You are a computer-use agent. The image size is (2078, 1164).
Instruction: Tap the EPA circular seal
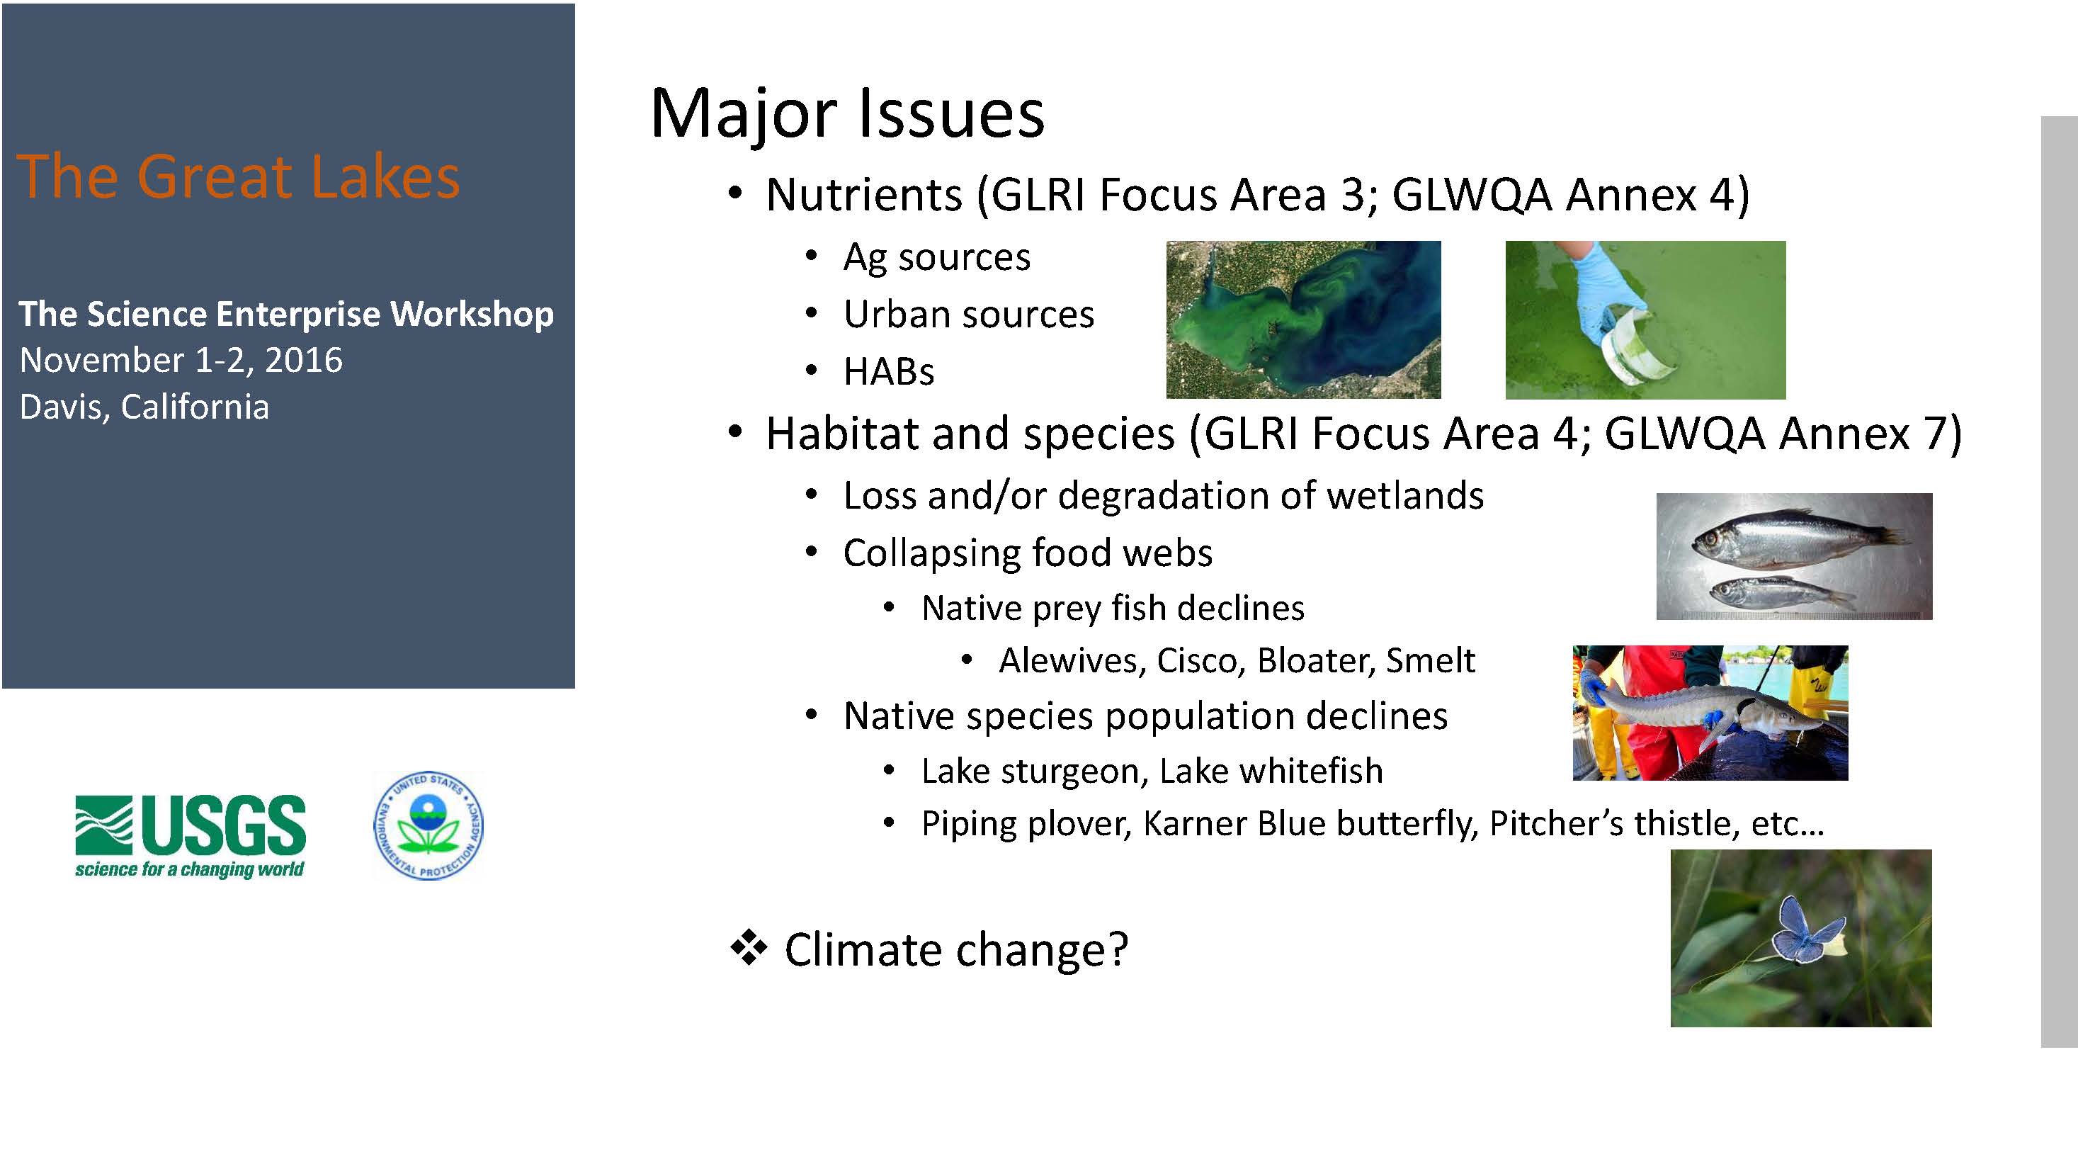coord(428,825)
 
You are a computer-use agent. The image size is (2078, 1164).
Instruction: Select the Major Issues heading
coord(847,114)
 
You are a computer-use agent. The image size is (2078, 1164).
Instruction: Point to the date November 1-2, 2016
coord(181,360)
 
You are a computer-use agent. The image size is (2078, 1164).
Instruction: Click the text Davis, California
coord(144,407)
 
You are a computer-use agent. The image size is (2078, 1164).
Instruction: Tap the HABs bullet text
coord(889,372)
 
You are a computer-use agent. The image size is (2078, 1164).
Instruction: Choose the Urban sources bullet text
coord(969,314)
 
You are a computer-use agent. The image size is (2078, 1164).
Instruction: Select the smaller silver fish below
coord(1783,593)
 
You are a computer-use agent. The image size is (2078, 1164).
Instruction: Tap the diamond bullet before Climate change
coord(749,948)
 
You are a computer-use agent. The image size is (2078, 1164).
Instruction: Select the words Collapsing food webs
coord(1028,553)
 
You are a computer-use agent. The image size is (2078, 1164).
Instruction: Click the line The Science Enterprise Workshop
coord(286,314)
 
